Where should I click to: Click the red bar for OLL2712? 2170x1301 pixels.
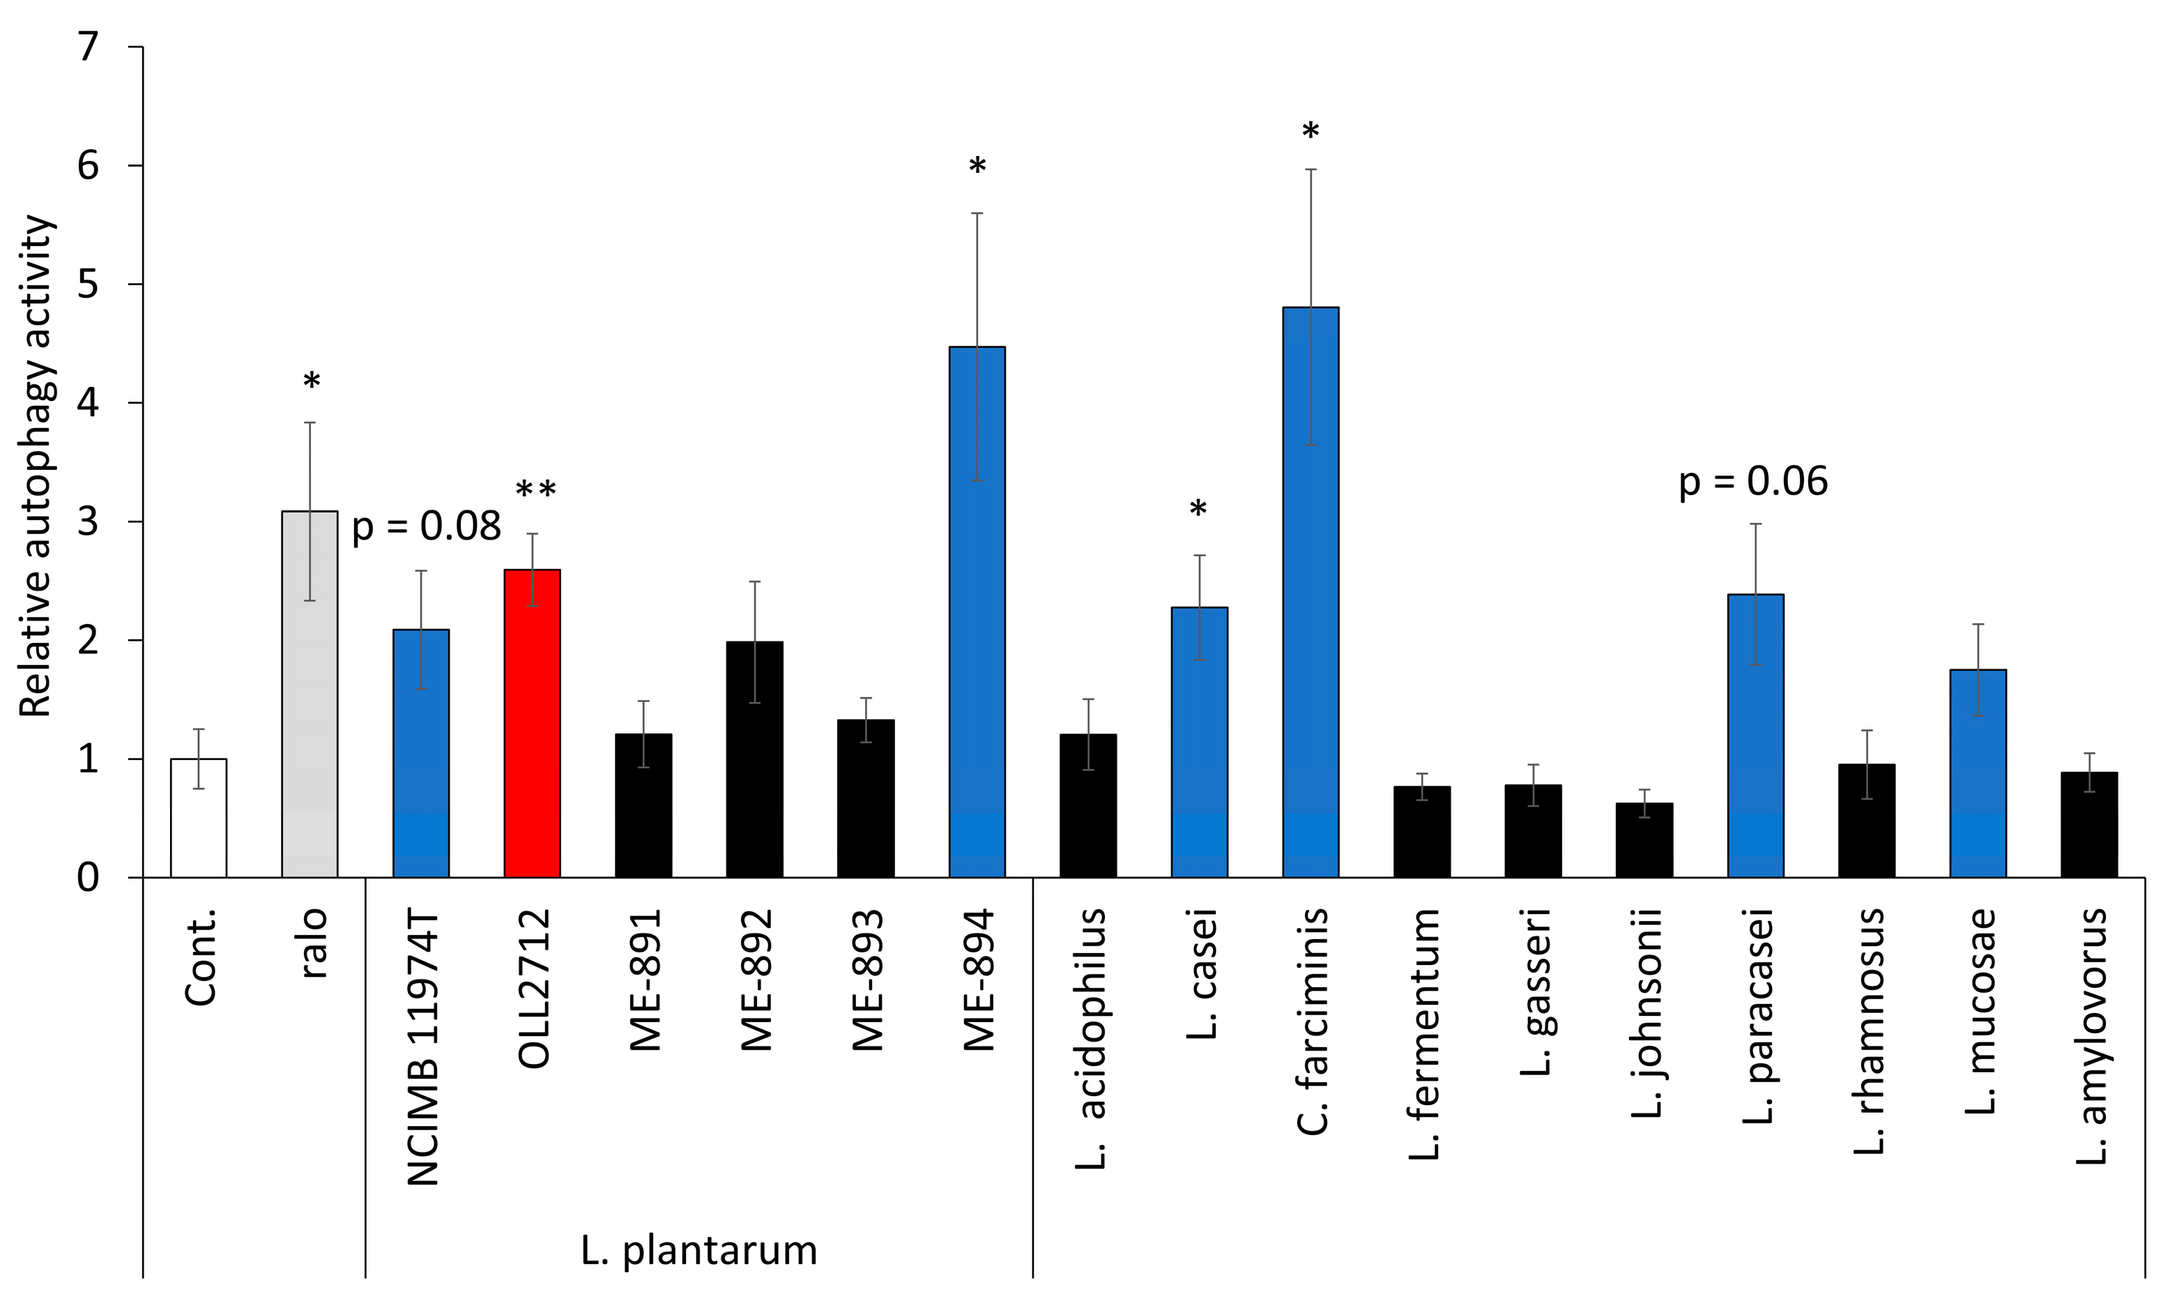pos(532,723)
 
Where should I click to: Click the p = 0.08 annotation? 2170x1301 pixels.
pos(426,526)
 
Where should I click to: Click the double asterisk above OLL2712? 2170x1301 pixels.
pos(535,492)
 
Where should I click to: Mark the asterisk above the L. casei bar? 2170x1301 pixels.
pos(1198,510)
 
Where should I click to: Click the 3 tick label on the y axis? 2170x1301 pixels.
pos(89,522)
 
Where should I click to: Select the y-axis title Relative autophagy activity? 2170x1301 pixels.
pos(37,466)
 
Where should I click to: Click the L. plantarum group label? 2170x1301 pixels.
pos(698,1250)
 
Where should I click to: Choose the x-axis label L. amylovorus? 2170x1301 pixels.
pos(2091,1035)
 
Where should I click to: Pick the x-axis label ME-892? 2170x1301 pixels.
pos(756,980)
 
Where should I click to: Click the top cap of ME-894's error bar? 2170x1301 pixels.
pos(977,213)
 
